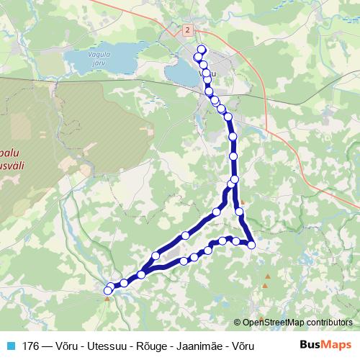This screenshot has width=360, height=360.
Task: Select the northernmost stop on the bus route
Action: pos(201,50)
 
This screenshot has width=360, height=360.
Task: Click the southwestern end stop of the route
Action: pos(109,290)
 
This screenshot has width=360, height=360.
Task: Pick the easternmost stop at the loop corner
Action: pos(251,246)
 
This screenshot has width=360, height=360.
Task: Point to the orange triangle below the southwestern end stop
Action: pos(107,299)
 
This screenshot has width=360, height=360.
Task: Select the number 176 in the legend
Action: pos(32,344)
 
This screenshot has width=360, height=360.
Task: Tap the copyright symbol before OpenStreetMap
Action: pos(238,322)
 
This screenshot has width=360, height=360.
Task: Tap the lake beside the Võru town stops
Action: pos(180,73)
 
